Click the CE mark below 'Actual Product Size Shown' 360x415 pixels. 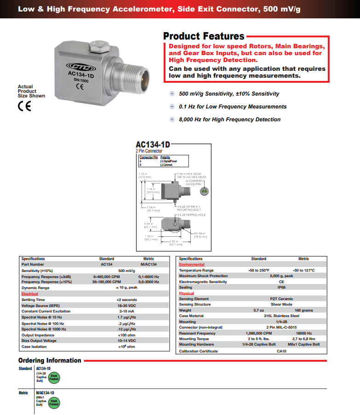coord(24,106)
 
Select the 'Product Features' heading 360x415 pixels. coord(204,36)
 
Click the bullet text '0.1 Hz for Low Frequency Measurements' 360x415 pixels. coord(233,107)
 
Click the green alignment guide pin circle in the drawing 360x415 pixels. coord(206,190)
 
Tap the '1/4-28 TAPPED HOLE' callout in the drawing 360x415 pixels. coord(191,215)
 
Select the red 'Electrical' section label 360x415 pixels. coord(30,294)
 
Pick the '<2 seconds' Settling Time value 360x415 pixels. coord(126,300)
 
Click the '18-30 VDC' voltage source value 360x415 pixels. coord(126,306)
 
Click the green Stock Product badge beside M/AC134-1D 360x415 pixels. coord(54,403)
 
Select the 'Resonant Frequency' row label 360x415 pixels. coord(197,333)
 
